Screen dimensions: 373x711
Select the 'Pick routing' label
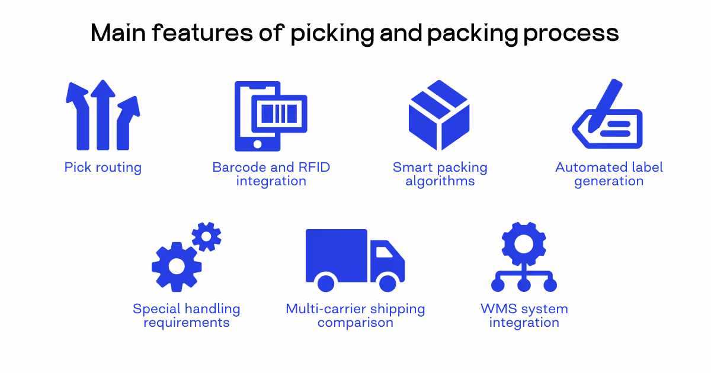pos(103,168)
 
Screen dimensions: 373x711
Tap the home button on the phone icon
pos(258,144)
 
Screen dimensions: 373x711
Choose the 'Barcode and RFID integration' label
pos(271,174)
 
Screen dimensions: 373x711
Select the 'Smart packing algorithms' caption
pos(440,174)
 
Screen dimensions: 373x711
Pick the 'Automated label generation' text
pos(609,174)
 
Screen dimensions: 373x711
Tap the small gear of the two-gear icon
pos(206,236)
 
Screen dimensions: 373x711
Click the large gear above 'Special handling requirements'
pos(177,266)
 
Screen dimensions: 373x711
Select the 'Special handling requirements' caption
pos(187,316)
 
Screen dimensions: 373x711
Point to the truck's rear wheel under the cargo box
pos(326,282)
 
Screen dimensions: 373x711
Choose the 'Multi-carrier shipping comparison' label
pos(355,316)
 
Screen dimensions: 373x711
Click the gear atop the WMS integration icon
pos(524,243)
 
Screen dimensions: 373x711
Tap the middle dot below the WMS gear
pos(524,285)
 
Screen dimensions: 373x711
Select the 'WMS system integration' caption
pos(524,316)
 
